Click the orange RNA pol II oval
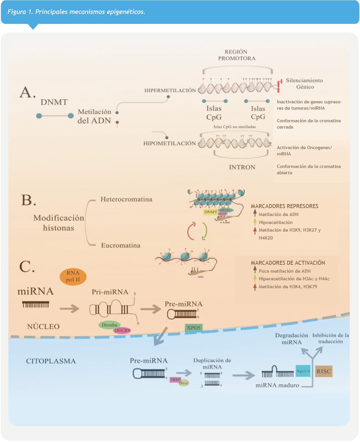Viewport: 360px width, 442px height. coord(73,276)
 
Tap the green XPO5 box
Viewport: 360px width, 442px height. coord(194,328)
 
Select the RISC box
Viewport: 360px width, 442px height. coord(324,371)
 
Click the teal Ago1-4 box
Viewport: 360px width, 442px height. coord(303,371)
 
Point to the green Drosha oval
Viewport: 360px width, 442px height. coord(109,325)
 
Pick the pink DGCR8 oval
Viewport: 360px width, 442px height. coord(122,330)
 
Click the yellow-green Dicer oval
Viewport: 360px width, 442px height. coord(184,383)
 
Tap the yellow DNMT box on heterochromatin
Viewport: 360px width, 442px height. coord(210,212)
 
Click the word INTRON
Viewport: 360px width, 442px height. coord(242,167)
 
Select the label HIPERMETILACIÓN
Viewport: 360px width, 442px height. coord(170,90)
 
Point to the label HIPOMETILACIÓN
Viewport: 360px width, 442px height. coord(169,143)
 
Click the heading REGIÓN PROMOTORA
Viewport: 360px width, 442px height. coord(236,55)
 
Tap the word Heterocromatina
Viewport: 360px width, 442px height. coord(126,199)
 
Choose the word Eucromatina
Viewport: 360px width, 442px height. coord(121,246)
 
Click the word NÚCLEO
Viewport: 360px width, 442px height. coord(43,327)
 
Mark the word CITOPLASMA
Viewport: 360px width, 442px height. coord(51,361)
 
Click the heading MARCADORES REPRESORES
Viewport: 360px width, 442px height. coord(284,206)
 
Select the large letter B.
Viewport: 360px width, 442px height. coord(28,200)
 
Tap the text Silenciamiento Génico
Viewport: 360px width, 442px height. coord(304,83)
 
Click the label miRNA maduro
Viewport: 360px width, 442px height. coord(277,385)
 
